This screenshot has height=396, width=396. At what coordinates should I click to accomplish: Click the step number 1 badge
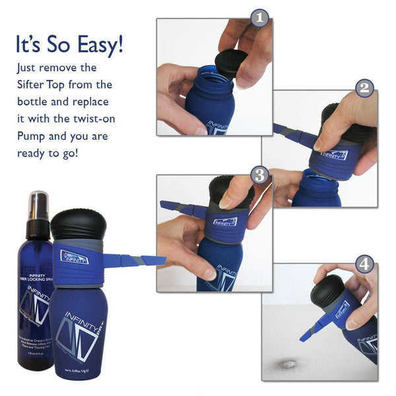[260, 18]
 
